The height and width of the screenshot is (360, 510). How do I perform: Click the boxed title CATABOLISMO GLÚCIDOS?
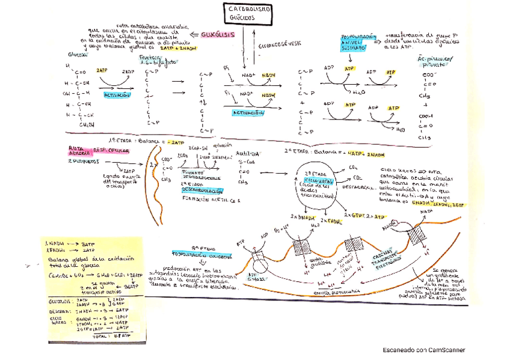pos(248,14)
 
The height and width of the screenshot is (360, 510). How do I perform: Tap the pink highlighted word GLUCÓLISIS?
pos(217,35)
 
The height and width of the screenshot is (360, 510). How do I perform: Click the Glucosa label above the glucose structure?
pos(78,54)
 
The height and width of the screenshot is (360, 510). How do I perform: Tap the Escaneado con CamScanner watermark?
pos(423,350)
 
